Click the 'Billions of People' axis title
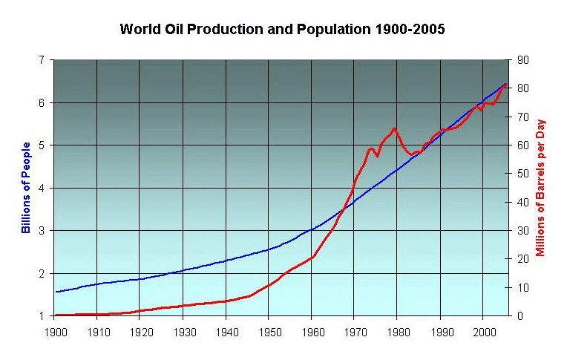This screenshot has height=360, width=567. (x=26, y=187)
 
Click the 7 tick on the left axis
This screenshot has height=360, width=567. (x=46, y=60)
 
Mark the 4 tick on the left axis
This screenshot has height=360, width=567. (x=46, y=189)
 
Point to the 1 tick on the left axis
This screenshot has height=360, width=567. (x=46, y=316)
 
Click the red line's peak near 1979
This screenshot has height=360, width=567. (x=394, y=128)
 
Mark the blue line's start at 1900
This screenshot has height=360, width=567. (x=56, y=292)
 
